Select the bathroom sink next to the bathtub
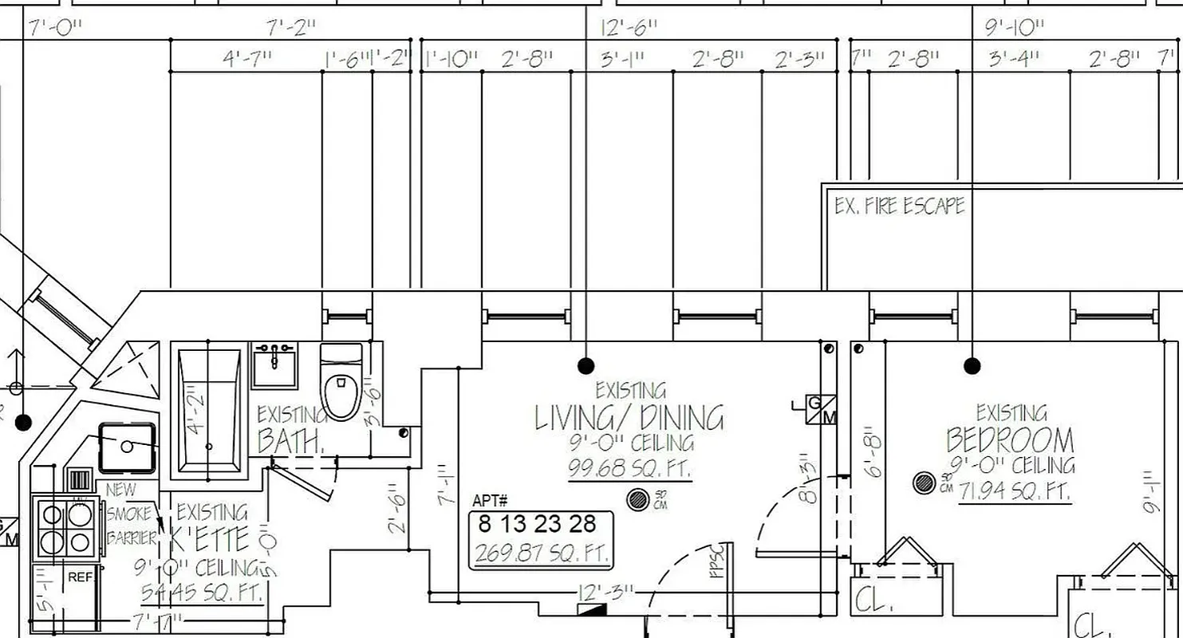click(274, 364)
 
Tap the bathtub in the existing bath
click(208, 410)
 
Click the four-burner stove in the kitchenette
click(65, 527)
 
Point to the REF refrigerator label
click(80, 577)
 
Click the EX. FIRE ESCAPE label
click(899, 206)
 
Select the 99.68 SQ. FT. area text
click(629, 468)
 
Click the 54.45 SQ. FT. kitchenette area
click(202, 593)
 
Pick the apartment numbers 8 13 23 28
click(537, 524)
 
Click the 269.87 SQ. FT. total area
click(541, 553)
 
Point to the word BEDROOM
click(1010, 440)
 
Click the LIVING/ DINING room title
click(629, 418)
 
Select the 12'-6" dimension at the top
click(629, 28)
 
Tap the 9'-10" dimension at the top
click(1014, 28)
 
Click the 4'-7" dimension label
click(246, 58)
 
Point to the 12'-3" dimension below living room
click(607, 592)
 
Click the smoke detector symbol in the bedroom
click(924, 482)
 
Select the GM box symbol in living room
click(822, 409)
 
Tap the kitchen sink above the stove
click(127, 447)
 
